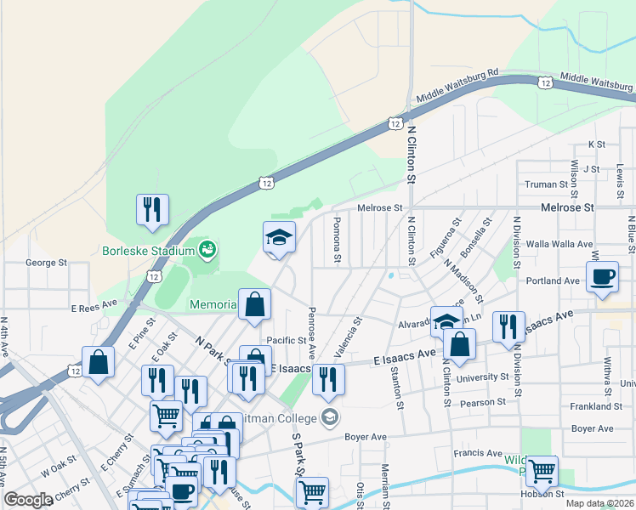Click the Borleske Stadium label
click(x=147, y=251)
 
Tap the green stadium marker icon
click(x=207, y=250)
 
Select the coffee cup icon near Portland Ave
click(x=603, y=277)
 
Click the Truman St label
click(x=546, y=184)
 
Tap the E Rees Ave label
click(x=94, y=303)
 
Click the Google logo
click(x=28, y=500)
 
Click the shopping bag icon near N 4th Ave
click(x=99, y=361)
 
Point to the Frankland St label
click(x=603, y=406)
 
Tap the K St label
click(x=596, y=144)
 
